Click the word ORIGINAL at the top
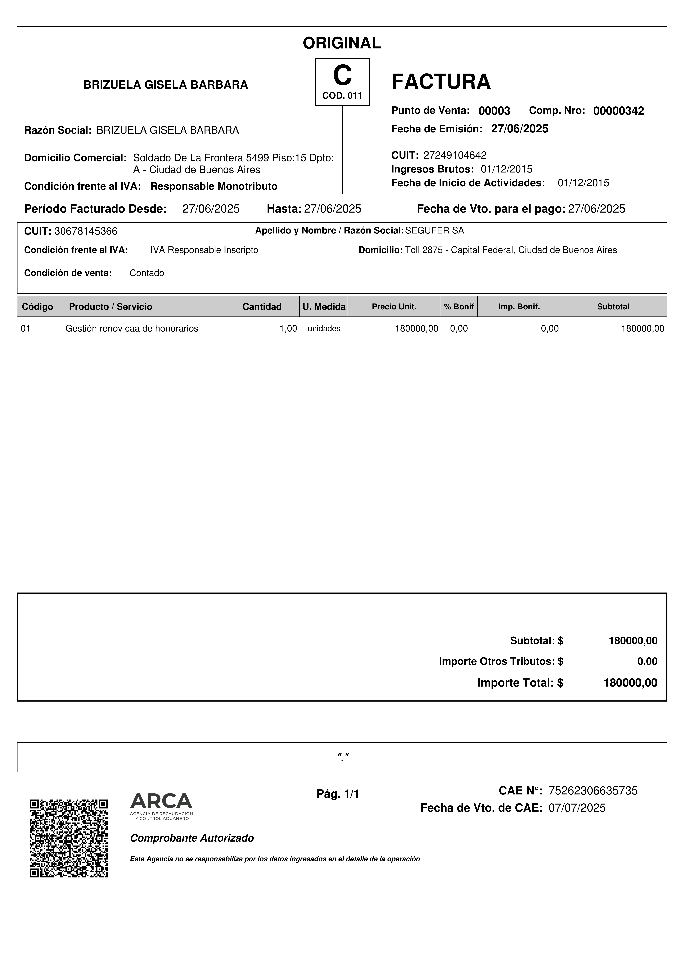coord(342,43)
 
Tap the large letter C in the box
coord(342,76)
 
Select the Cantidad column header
coord(262,307)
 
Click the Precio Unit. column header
coord(394,307)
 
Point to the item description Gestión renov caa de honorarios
coord(132,329)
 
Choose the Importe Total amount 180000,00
coord(630,683)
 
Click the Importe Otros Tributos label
coord(500,661)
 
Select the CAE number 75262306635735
coord(593,791)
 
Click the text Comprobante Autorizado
coord(192,838)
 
